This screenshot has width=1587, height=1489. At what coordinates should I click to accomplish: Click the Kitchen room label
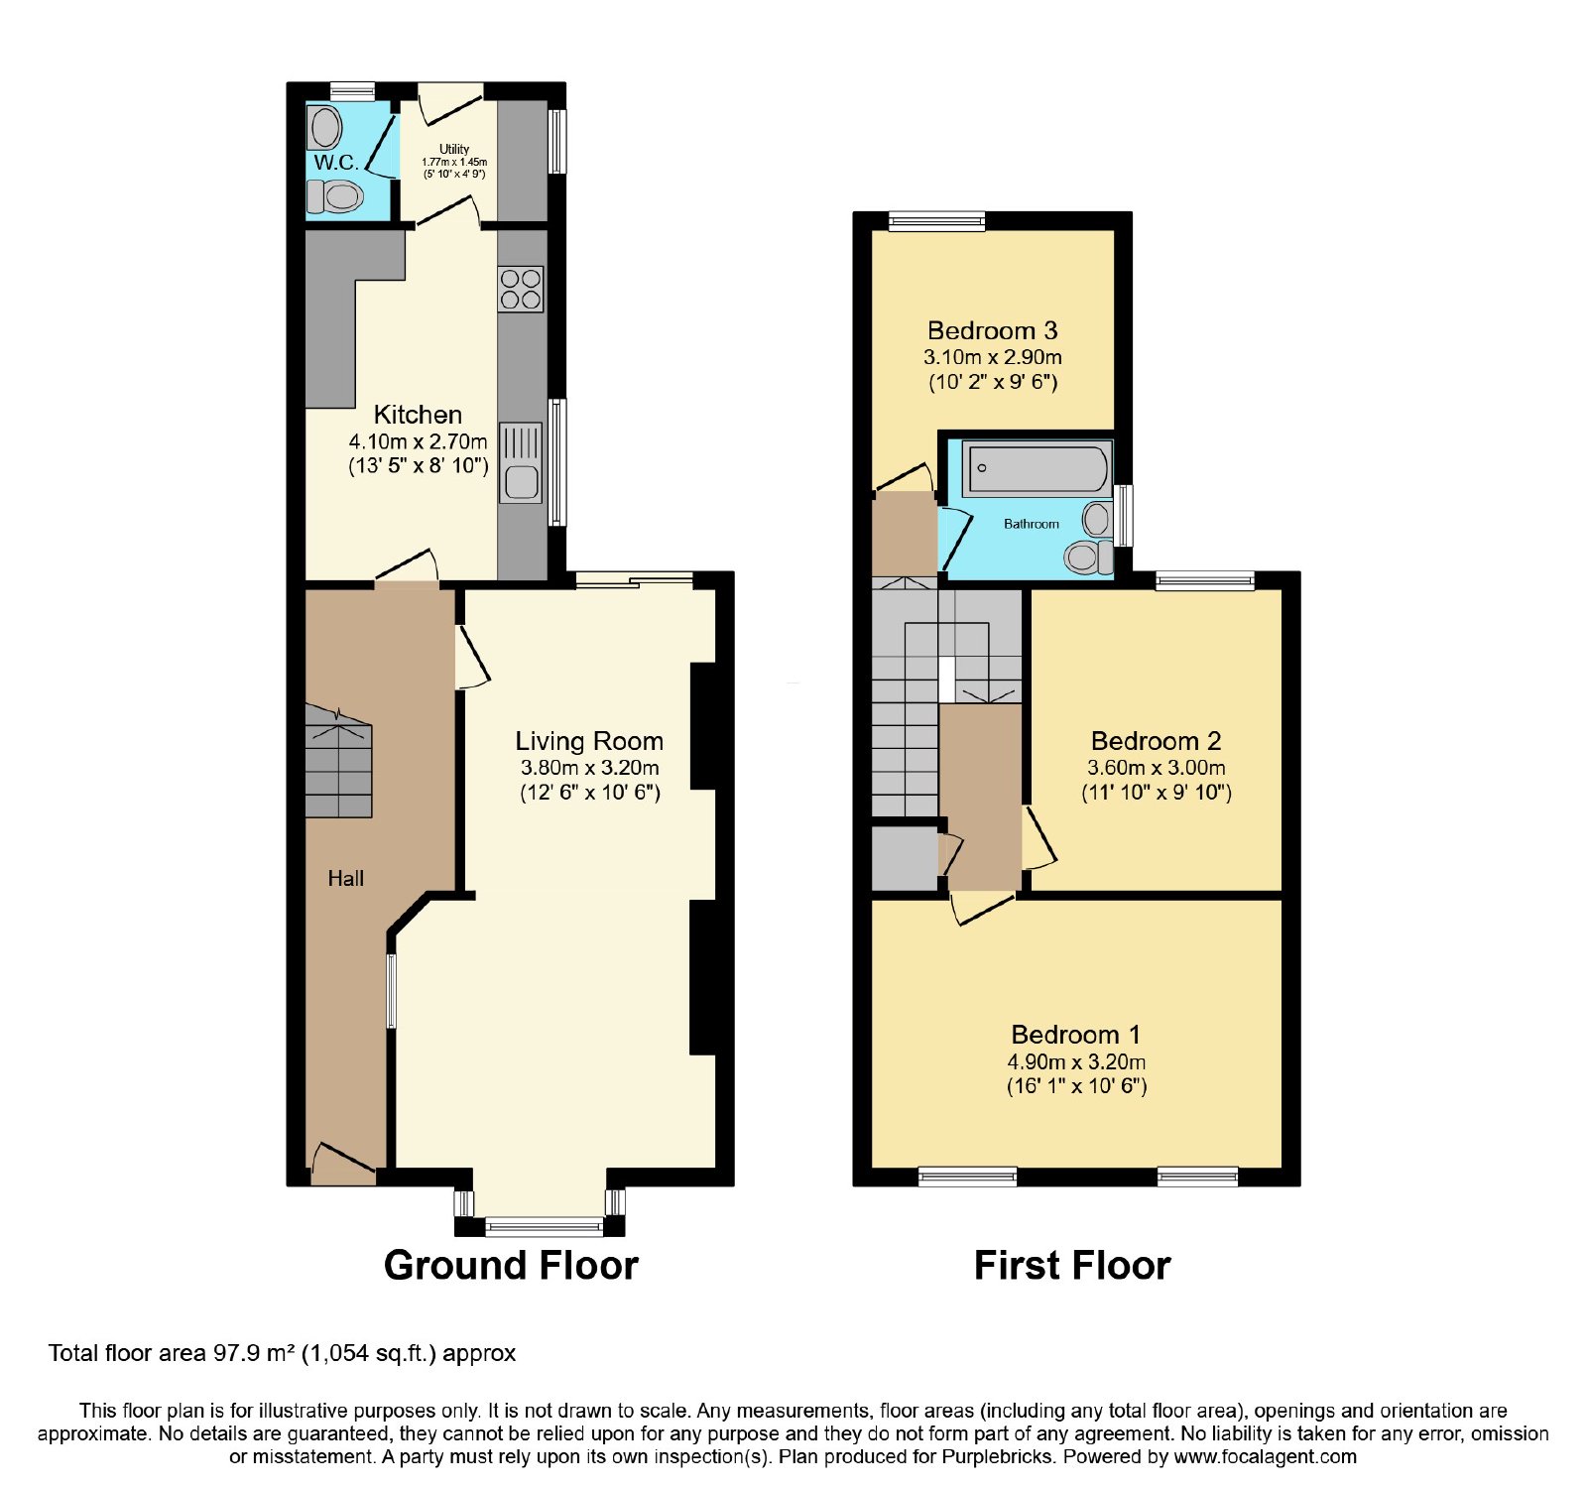tap(418, 415)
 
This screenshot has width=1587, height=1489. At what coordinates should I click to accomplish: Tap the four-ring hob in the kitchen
tap(521, 289)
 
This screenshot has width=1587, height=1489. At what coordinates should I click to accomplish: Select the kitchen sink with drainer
tap(521, 462)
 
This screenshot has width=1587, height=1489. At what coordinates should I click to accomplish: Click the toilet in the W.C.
tap(334, 196)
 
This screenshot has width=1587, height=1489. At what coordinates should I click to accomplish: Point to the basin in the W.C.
tap(324, 128)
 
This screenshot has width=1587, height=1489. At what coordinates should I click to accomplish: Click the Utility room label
tap(454, 149)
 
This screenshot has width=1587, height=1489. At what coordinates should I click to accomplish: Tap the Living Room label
tap(589, 741)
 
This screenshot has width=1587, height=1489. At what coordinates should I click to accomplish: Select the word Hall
tap(346, 878)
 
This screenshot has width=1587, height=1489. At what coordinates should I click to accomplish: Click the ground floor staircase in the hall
tap(338, 762)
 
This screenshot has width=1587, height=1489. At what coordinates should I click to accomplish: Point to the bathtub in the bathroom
tap(1037, 469)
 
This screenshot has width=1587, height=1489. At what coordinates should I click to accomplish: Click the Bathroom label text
tap(1032, 524)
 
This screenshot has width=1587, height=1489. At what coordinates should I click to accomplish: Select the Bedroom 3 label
tap(993, 330)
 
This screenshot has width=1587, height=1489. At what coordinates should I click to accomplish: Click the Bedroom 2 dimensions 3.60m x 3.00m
tap(1157, 767)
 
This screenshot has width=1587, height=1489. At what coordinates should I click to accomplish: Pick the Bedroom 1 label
tap(1076, 1035)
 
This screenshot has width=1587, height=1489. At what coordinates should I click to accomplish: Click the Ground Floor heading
tap(511, 1265)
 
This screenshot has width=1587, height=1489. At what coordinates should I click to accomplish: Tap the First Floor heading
tap(1072, 1265)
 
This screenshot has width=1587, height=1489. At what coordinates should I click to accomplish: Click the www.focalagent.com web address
tap(1265, 1457)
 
